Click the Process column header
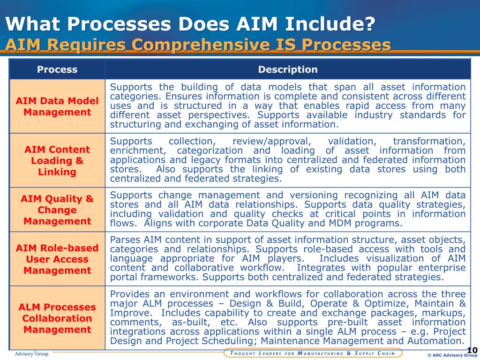click(57, 70)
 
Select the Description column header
click(288, 70)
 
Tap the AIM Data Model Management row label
click(57, 106)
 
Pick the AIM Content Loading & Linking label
click(57, 161)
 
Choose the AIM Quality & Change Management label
click(57, 210)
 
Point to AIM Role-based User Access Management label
click(57, 259)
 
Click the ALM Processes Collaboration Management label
click(57, 318)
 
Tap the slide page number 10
click(472, 350)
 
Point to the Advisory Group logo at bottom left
click(31, 353)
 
